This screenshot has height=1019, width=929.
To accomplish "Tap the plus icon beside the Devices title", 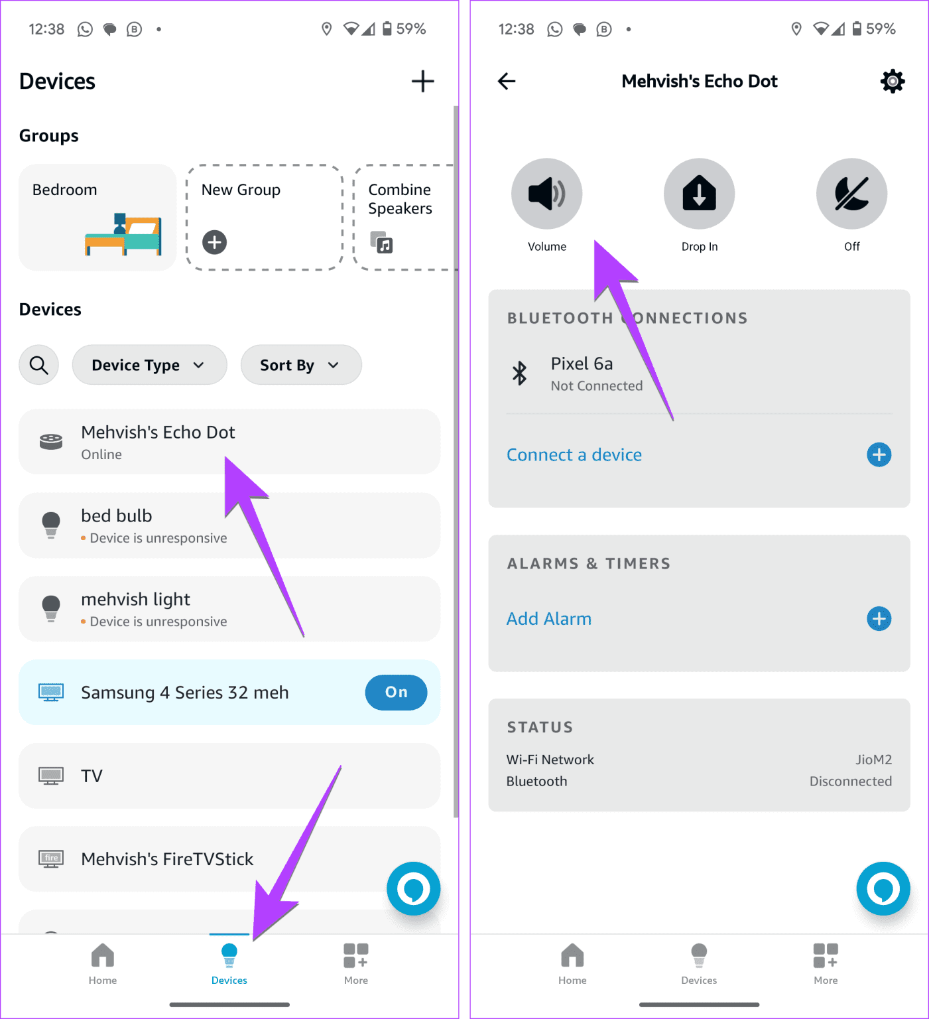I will point(422,82).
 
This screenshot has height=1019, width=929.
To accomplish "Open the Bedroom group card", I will point(97,218).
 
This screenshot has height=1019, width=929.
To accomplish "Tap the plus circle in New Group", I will point(215,242).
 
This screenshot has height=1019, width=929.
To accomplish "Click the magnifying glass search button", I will point(39,365).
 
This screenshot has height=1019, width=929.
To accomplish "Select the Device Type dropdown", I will point(149,365).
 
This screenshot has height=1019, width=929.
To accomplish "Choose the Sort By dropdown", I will point(300,365).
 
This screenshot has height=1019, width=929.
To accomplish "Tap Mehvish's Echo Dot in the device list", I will point(158,442).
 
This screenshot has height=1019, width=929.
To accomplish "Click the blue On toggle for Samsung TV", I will point(396,693).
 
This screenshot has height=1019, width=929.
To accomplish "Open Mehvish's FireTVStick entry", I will point(167,859).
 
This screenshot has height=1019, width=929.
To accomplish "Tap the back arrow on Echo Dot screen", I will point(507,82).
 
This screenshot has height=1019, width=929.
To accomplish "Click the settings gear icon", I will point(893,82).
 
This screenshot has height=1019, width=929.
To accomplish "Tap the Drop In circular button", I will point(699,194).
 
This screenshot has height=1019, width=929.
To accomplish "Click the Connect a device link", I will point(574,455).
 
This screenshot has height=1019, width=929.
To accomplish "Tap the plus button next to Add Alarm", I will point(879,619).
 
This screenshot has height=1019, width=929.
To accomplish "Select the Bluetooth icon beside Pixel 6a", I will point(520,374).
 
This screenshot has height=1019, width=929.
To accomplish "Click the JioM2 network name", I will point(873,760).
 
